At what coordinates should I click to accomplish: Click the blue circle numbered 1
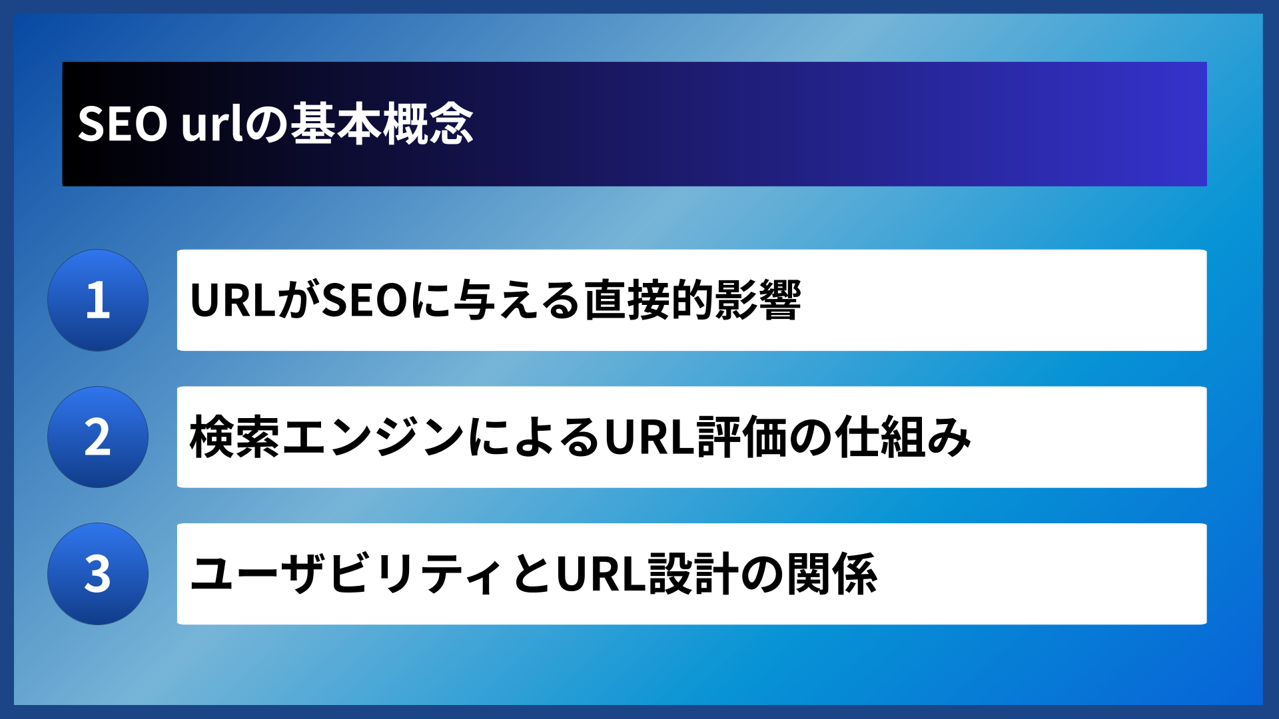tap(98, 300)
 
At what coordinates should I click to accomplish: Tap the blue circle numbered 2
tap(98, 437)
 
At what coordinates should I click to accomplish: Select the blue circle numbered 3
tap(98, 574)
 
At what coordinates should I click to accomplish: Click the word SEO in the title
tap(123, 124)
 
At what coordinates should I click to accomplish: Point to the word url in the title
tap(213, 124)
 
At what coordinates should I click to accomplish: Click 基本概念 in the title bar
tap(382, 124)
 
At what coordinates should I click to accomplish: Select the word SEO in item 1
tap(365, 300)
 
